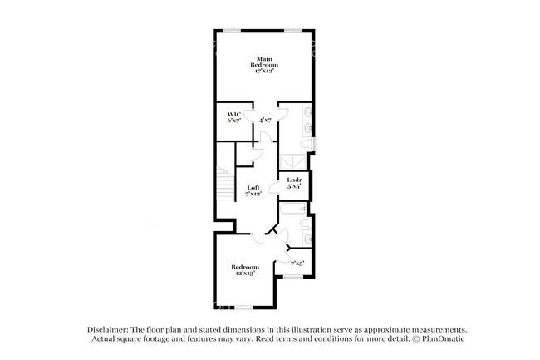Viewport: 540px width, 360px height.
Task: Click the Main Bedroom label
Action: point(264,65)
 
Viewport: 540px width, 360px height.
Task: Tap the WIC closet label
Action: point(233,117)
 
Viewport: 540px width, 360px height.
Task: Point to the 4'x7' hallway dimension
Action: point(267,121)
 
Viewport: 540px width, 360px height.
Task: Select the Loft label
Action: point(253,190)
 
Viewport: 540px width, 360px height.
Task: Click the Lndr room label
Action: point(293,183)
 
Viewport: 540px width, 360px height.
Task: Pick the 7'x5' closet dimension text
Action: point(297,264)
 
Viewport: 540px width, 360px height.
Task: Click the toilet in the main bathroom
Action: point(308,146)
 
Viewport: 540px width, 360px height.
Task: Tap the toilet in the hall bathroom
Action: point(308,221)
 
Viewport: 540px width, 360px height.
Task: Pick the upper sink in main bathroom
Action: point(308,111)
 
